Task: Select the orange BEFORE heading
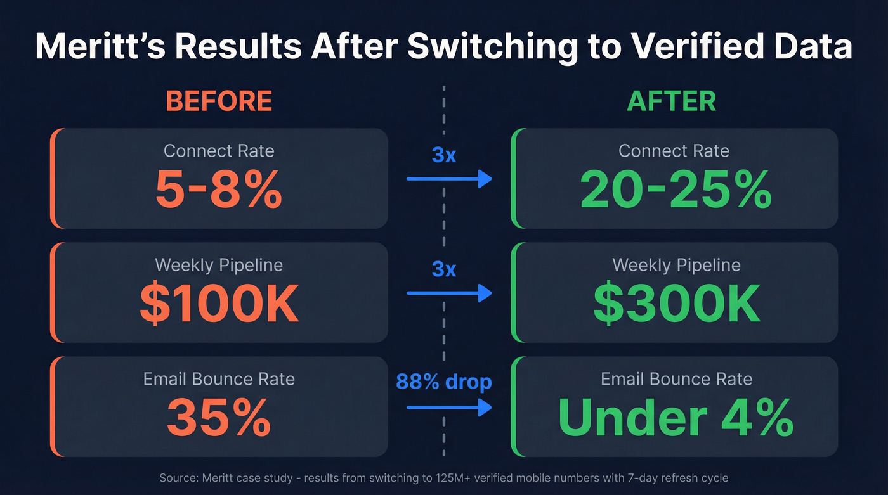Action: coord(219,101)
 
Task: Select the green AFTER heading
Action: coord(672,101)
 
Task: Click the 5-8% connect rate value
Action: coord(219,190)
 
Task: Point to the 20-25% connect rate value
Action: coord(676,190)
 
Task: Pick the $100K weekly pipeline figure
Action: coord(219,304)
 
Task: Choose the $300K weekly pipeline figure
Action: coord(676,304)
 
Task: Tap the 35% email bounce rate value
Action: coord(219,418)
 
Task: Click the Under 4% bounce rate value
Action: coord(676,418)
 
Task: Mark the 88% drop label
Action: coord(444,382)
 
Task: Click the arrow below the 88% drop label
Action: coord(449,407)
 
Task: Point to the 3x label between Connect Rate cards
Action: coord(444,155)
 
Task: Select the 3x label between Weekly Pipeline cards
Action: coord(444,269)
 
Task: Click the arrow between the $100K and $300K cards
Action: coord(449,293)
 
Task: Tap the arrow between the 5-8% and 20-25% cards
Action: coord(449,179)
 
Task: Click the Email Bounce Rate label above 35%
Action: coord(219,379)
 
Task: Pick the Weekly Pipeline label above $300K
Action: coord(676,265)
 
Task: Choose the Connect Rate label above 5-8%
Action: coord(219,151)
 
